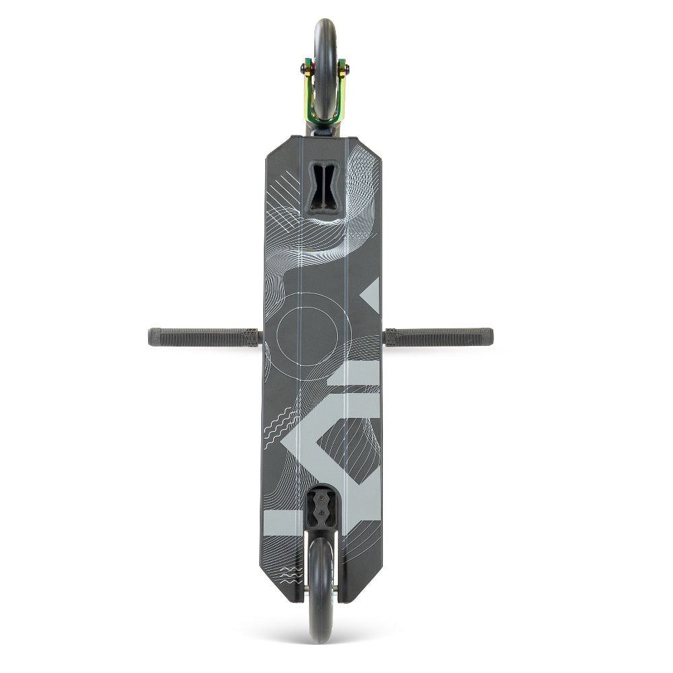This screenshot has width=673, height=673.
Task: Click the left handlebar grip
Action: [x=202, y=337]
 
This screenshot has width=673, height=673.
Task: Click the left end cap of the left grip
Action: [x=151, y=337]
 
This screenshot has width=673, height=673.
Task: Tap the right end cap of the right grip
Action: [x=491, y=336]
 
